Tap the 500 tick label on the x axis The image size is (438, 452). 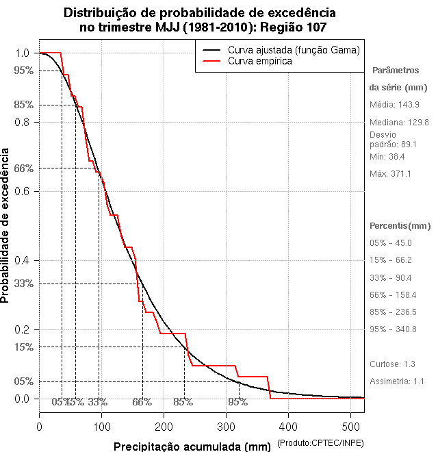pyautogui.click(x=351, y=426)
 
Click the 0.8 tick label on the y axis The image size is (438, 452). pyautogui.click(x=22, y=122)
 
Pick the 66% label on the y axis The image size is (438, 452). pyautogui.click(x=23, y=168)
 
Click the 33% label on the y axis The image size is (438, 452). pyautogui.click(x=23, y=284)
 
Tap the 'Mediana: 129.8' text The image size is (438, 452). pyautogui.click(x=399, y=122)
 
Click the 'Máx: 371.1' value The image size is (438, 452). pyautogui.click(x=390, y=174)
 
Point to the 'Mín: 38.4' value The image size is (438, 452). pyautogui.click(x=388, y=157)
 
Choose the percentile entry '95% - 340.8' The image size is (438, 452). pyautogui.click(x=393, y=329)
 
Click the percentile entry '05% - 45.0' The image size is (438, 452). pyautogui.click(x=390, y=243)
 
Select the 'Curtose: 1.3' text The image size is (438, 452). pyautogui.click(x=392, y=364)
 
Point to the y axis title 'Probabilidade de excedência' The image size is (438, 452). pyautogui.click(x=6, y=225)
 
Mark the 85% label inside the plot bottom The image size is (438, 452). pyautogui.click(x=183, y=402)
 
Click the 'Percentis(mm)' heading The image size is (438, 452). pyautogui.click(x=400, y=225)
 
